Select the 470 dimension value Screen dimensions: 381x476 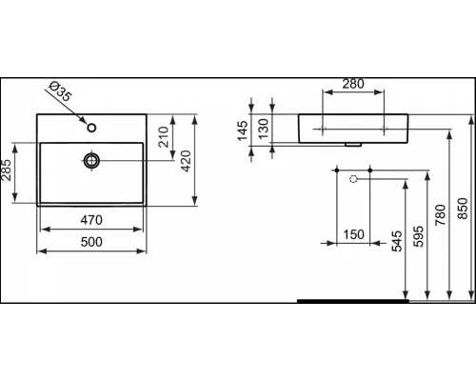coord(90,220)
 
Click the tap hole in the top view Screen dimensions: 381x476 coord(92,127)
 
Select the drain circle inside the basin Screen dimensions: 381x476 coord(92,160)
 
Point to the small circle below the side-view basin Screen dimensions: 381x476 coord(354,177)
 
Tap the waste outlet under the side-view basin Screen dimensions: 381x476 coord(354,145)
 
